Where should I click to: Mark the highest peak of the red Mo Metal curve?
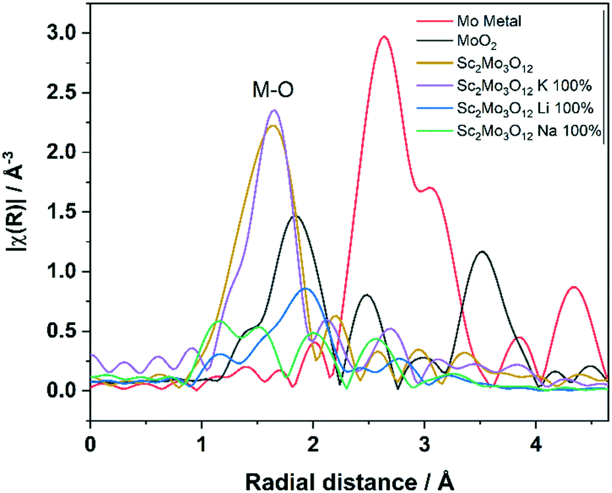[385, 37]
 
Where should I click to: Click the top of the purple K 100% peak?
[275, 110]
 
